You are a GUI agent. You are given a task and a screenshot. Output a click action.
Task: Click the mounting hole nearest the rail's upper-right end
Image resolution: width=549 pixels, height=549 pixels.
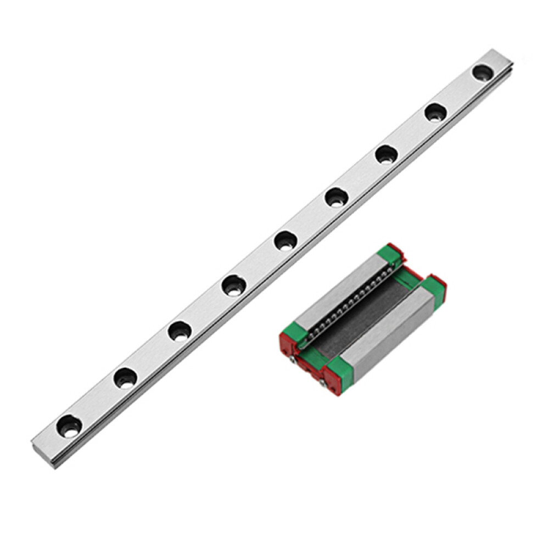pos(483,72)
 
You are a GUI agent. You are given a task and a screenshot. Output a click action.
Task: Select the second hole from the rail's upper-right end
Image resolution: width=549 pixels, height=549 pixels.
pos(435,113)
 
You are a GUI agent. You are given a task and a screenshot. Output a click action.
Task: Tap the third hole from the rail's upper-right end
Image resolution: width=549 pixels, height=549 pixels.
pos(386,154)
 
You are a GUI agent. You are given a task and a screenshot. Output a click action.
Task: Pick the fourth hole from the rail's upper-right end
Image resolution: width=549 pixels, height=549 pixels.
pos(336,197)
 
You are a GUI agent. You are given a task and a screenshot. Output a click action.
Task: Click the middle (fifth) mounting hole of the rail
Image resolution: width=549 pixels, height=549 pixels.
pos(285,241)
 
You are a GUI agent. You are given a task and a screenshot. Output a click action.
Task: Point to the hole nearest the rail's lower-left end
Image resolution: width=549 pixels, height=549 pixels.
pos(70,425)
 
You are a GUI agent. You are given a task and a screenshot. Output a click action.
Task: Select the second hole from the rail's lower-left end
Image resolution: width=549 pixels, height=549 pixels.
pos(125,378)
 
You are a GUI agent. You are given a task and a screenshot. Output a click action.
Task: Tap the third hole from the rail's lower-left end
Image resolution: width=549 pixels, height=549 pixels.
pos(180,332)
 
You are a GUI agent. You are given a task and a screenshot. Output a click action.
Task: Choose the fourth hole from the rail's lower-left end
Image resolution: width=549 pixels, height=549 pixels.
pos(234,285)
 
